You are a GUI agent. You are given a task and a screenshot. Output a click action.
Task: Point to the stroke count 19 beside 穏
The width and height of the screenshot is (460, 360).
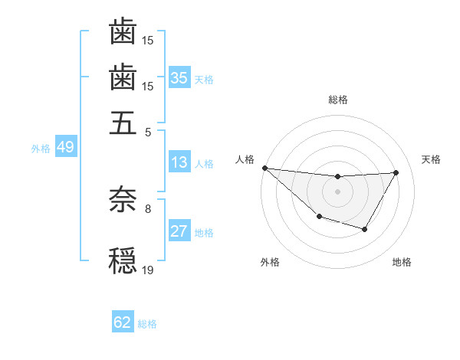coord(148,270)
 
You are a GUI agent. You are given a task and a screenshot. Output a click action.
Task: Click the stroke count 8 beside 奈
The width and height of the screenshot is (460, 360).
coord(148,208)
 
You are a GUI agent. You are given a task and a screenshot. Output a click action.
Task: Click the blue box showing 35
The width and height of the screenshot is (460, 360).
coord(179,77)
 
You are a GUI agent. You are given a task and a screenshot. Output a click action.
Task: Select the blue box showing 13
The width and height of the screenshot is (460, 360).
coord(179,162)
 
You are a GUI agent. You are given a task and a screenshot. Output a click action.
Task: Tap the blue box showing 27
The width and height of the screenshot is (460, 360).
coord(179,231)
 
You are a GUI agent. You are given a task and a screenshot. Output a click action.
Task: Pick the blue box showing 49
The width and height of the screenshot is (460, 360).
coord(65,147)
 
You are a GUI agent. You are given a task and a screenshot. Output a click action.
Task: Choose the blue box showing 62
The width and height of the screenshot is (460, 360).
coord(123,322)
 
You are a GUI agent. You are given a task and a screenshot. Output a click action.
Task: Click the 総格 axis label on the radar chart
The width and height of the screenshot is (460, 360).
coord(338,100)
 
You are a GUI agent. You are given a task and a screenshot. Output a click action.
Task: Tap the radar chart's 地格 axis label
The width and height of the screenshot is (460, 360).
coord(402,262)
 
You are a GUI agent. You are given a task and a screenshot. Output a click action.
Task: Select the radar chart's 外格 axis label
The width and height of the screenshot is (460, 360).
coord(270,262)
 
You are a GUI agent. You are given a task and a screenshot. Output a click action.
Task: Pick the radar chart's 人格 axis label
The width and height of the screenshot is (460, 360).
coord(245,159)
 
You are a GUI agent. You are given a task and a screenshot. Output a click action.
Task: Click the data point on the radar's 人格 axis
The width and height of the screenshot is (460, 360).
coord(264,168)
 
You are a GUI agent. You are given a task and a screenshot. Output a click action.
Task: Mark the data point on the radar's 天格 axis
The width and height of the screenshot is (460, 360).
coord(396,172)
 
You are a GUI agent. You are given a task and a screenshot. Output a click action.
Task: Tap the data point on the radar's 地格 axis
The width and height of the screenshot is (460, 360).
coord(365,229)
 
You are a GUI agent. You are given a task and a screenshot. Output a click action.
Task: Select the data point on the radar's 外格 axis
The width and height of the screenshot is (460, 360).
coord(319,218)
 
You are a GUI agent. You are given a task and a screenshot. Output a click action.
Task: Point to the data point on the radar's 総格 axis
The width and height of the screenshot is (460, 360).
coord(337,177)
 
